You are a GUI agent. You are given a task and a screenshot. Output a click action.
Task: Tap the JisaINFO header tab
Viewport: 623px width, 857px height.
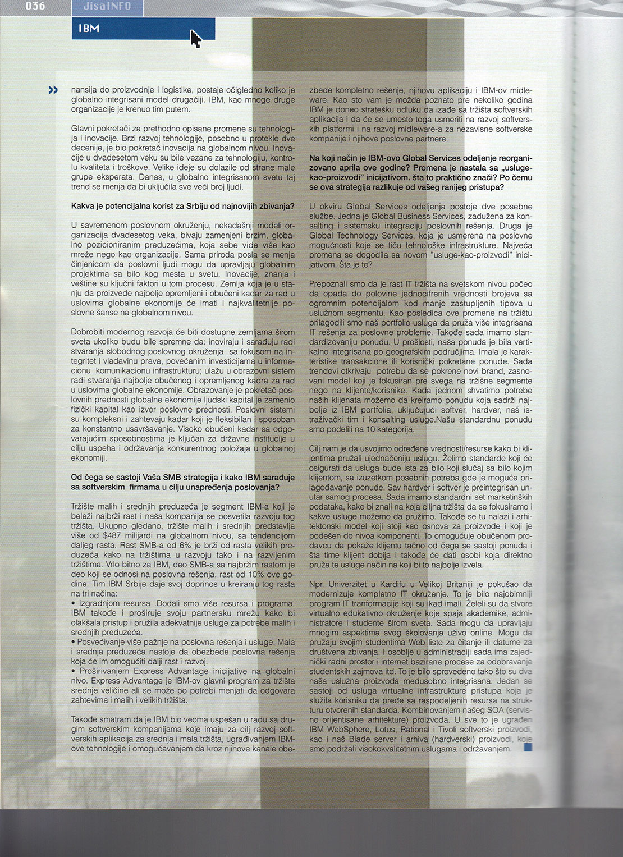[x=107, y=7]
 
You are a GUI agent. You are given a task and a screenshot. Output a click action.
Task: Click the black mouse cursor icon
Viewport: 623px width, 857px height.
[x=195, y=39]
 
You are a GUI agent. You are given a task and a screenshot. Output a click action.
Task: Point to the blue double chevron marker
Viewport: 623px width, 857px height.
[x=53, y=90]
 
